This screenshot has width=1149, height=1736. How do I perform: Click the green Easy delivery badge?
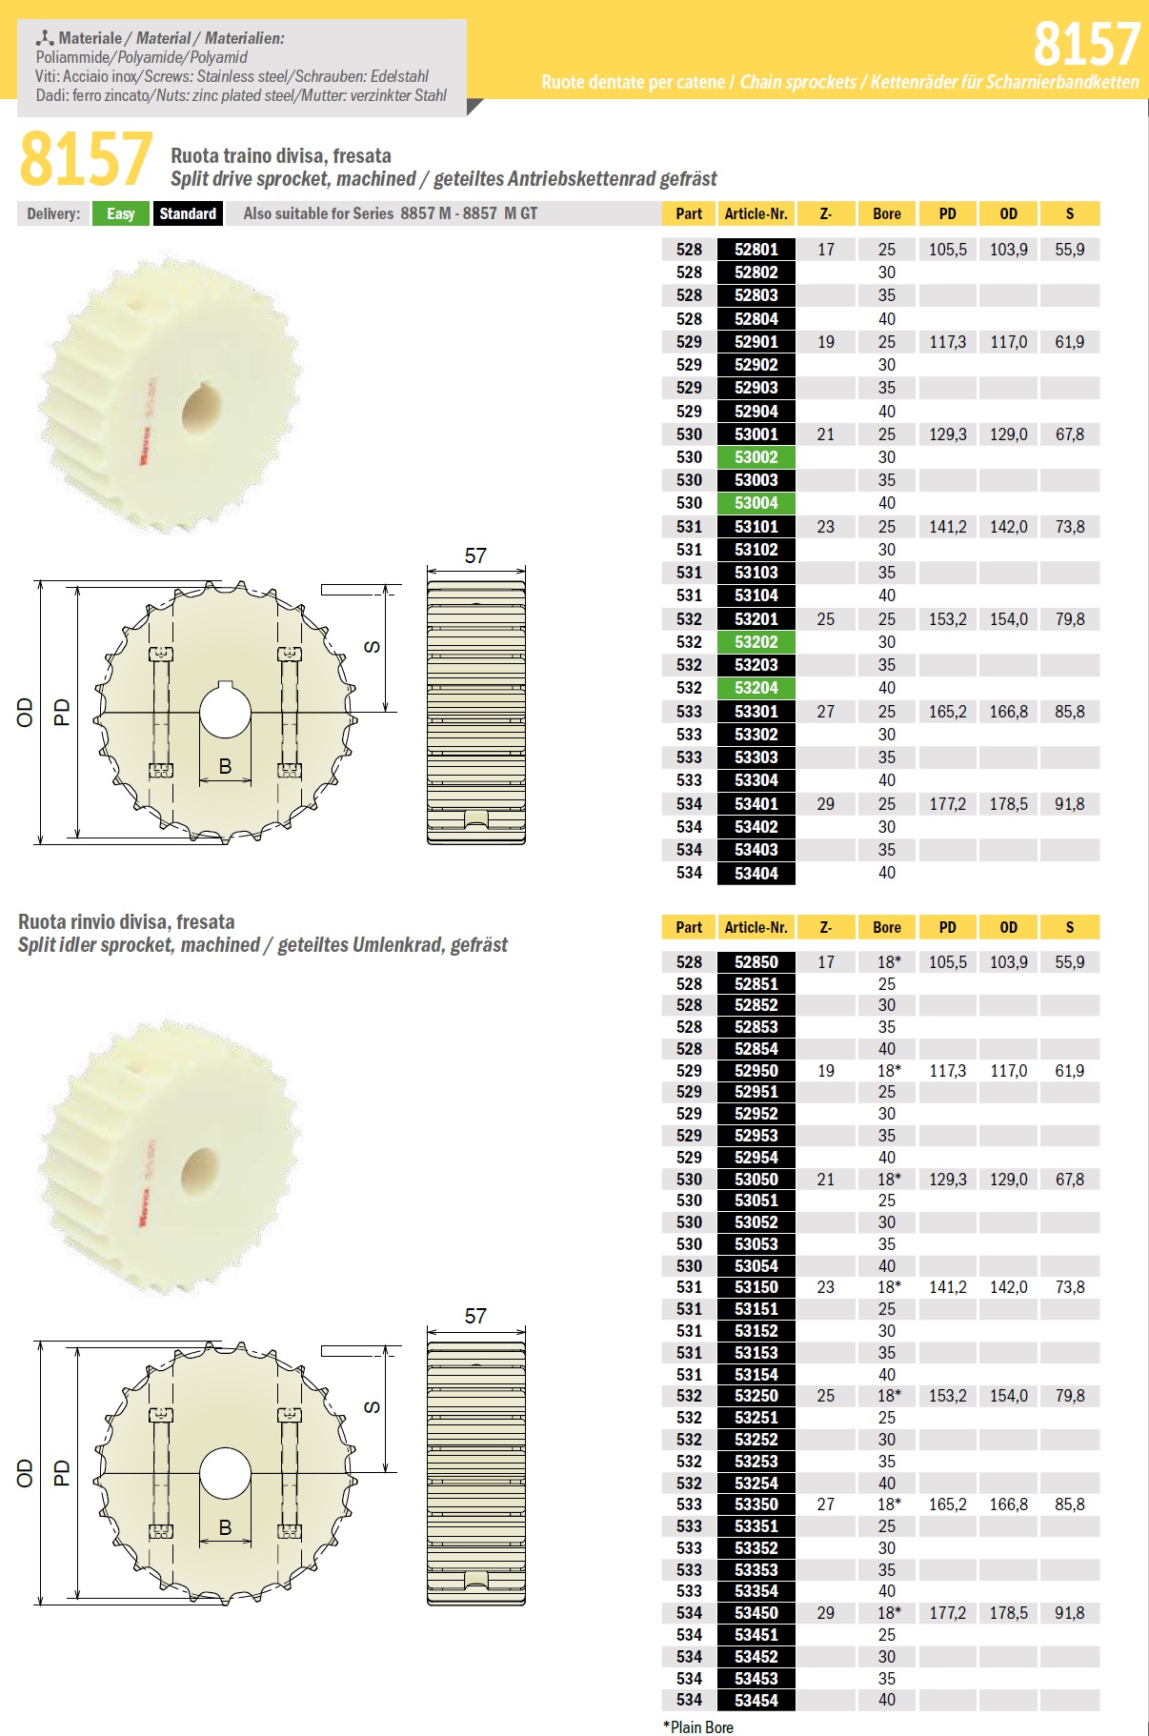[x=120, y=213]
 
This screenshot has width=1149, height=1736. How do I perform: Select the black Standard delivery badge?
[x=188, y=213]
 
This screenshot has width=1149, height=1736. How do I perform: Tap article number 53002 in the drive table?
[x=756, y=457]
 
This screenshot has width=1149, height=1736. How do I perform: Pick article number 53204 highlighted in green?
[x=756, y=688]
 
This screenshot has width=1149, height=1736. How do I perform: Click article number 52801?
[x=756, y=250]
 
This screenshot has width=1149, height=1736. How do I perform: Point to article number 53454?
[x=756, y=1700]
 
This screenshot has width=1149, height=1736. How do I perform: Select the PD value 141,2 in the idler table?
[x=947, y=1287]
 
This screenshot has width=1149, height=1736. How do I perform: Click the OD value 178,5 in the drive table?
[x=1008, y=804]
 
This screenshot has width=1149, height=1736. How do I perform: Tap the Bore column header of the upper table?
[x=886, y=213]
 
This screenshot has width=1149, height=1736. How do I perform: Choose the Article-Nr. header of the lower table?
[x=756, y=927]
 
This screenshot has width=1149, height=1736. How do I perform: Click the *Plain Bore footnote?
[x=698, y=1726]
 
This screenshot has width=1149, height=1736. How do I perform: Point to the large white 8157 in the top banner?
[x=1086, y=44]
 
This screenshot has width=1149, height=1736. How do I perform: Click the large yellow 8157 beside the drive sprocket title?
[x=86, y=159]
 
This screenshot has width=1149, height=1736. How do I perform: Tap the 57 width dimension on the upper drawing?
[x=475, y=555]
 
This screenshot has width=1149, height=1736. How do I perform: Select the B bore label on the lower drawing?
[x=225, y=1526]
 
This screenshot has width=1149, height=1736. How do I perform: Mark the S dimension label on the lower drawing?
[x=372, y=1407]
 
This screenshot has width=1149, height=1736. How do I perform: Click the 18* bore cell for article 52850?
[x=888, y=962]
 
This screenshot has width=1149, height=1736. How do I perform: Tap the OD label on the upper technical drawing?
[x=25, y=712]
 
